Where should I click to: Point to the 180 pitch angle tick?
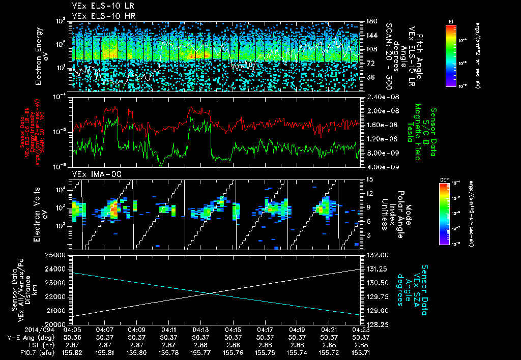point(370,21)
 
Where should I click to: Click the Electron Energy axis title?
point(42,56)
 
